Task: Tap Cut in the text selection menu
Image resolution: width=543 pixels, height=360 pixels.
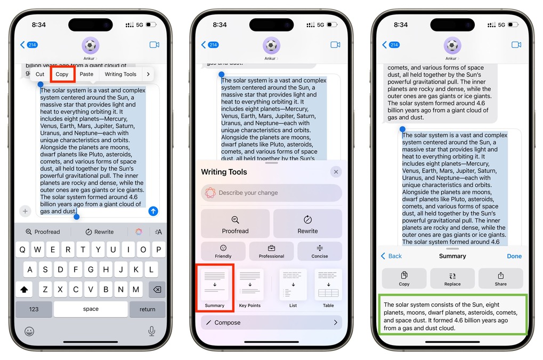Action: [x=40, y=74]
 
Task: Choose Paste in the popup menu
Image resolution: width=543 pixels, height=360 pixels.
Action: [x=86, y=74]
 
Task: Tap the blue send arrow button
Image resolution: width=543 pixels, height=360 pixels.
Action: [x=153, y=211]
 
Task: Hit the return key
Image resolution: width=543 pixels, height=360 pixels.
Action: [x=147, y=309]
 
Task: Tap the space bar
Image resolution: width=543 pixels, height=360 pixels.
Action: [x=91, y=309]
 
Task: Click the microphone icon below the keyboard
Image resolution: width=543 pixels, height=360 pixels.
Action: [x=151, y=331]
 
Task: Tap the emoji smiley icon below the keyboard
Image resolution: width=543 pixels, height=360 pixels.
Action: [x=29, y=332]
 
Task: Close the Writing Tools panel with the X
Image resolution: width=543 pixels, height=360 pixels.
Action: [x=336, y=172]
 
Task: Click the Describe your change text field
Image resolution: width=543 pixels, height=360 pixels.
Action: [x=272, y=193]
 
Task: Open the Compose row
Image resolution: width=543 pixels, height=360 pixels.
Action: [x=272, y=323]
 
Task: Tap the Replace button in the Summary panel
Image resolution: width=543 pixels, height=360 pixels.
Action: [x=452, y=278]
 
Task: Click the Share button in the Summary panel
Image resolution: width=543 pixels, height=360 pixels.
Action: [x=500, y=278]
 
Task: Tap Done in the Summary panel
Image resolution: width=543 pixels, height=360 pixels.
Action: [x=514, y=256]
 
